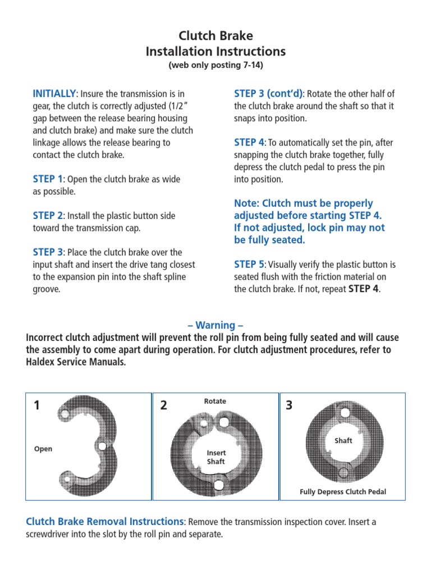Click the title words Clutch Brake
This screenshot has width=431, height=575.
(x=215, y=36)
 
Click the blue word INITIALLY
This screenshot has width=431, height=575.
(x=54, y=93)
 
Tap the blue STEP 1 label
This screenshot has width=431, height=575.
(x=48, y=179)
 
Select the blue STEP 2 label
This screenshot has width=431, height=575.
(x=48, y=216)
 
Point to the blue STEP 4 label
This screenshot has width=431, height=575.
(x=249, y=143)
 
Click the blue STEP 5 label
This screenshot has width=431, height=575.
(x=249, y=264)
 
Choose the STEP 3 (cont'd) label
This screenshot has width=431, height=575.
(x=268, y=93)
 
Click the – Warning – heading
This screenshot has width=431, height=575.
(x=215, y=326)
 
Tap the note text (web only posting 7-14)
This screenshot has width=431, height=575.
(x=215, y=66)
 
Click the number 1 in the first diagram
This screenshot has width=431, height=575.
(x=36, y=405)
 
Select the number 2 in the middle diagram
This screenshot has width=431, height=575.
(x=163, y=405)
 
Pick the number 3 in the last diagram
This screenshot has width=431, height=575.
(x=289, y=405)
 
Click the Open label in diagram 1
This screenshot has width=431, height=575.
(x=43, y=449)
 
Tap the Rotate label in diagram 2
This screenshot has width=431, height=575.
(x=215, y=401)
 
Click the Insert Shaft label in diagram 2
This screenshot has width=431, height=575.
(x=215, y=457)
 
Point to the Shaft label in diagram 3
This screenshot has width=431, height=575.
(x=343, y=441)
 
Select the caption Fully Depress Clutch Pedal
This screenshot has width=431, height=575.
(x=343, y=492)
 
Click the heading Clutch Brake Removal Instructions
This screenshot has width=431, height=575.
(x=105, y=522)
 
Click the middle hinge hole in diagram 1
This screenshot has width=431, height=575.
(x=102, y=446)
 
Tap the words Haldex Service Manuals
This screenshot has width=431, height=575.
(x=76, y=363)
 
